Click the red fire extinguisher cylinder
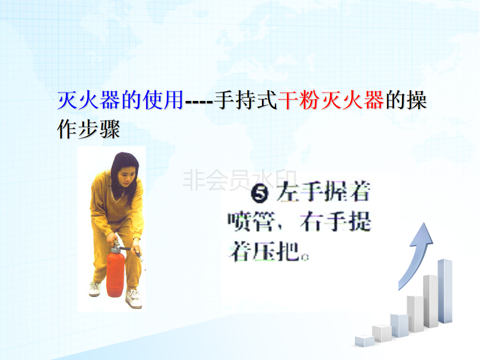pyautogui.click(x=115, y=274)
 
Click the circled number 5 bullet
pyautogui.click(x=259, y=194)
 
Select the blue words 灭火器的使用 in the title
pyautogui.click(x=120, y=100)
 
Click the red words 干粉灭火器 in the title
pyautogui.click(x=330, y=100)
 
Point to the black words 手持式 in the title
pyautogui.click(x=245, y=100)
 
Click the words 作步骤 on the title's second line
pyautogui.click(x=88, y=129)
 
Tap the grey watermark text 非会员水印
pyautogui.click(x=239, y=179)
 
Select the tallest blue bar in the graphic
pyautogui.click(x=445, y=291)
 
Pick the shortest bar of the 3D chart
pyautogui.click(x=364, y=340)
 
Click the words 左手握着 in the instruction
pyautogui.click(x=323, y=192)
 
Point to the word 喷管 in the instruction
pyautogui.click(x=250, y=221)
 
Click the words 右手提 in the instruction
pyautogui.click(x=335, y=221)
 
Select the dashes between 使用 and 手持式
pyautogui.click(x=199, y=101)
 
